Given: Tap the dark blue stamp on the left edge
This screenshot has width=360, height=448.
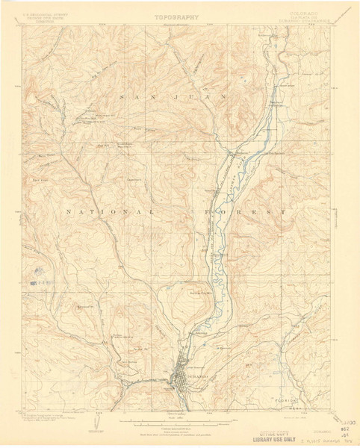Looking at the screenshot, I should pyautogui.click(x=34, y=284).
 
